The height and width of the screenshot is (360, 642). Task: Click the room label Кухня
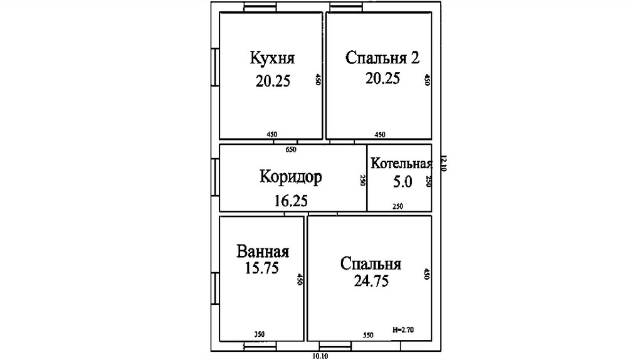tap(272, 58)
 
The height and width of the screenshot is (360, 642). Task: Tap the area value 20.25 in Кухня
tap(273, 81)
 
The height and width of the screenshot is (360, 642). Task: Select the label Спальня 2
tap(382, 58)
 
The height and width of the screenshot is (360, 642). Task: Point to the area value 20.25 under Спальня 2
tap(382, 78)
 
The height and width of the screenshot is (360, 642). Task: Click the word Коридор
tap(291, 177)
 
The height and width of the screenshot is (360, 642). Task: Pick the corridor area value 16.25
tap(291, 201)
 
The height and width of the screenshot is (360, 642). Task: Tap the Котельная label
tap(401, 164)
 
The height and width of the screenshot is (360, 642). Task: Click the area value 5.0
tap(403, 181)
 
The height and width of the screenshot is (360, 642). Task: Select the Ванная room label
tap(263, 251)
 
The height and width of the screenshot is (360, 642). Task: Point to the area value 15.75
tap(261, 268)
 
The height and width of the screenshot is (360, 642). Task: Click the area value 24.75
tap(371, 281)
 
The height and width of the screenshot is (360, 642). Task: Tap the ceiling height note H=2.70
tap(403, 329)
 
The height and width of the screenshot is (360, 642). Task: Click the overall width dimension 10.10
tap(320, 356)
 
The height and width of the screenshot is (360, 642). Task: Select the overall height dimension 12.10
tap(444, 164)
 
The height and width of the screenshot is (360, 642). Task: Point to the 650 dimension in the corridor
tap(291, 149)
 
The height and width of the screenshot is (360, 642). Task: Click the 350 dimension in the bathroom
tap(259, 334)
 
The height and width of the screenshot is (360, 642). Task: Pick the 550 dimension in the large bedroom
tap(368, 335)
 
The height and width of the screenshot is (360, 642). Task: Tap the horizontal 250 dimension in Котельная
tap(397, 206)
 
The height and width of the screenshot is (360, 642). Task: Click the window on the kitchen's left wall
tap(214, 68)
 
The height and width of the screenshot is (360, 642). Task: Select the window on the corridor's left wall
tap(214, 177)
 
